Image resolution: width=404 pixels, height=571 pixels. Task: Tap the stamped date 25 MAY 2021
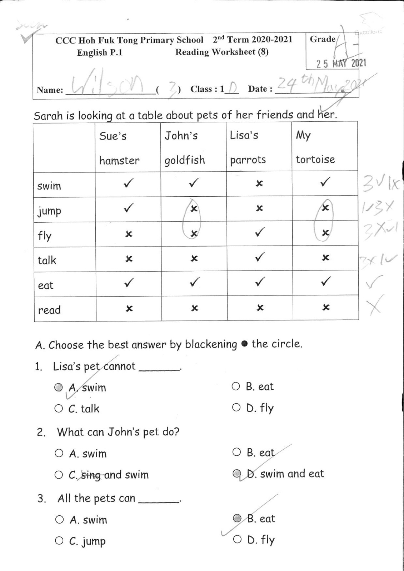click(341, 64)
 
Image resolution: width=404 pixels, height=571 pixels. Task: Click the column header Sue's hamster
click(119, 148)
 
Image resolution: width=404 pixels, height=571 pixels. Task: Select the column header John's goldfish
click(184, 148)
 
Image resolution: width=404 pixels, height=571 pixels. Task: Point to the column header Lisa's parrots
click(248, 147)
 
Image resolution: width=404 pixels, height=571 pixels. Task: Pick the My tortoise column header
click(315, 147)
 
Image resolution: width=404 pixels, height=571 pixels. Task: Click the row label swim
click(49, 186)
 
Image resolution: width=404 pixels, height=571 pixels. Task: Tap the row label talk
click(47, 260)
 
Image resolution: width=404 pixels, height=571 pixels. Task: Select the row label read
click(49, 310)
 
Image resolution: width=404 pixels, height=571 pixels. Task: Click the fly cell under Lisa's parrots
click(260, 233)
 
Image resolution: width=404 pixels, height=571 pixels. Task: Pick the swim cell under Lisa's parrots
click(260, 183)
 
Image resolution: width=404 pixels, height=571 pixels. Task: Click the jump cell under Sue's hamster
click(128, 208)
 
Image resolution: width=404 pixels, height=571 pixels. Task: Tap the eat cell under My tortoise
click(325, 282)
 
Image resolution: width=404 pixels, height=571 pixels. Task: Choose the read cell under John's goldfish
click(194, 308)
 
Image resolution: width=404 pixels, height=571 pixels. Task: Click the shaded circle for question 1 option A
click(59, 388)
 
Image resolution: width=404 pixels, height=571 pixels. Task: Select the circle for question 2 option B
click(236, 453)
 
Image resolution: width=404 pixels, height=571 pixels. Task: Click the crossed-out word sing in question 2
click(91, 475)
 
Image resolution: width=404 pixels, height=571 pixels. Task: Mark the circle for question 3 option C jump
click(59, 541)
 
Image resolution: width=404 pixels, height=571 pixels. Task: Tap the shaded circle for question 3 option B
click(237, 518)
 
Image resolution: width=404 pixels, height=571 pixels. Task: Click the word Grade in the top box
click(323, 39)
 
